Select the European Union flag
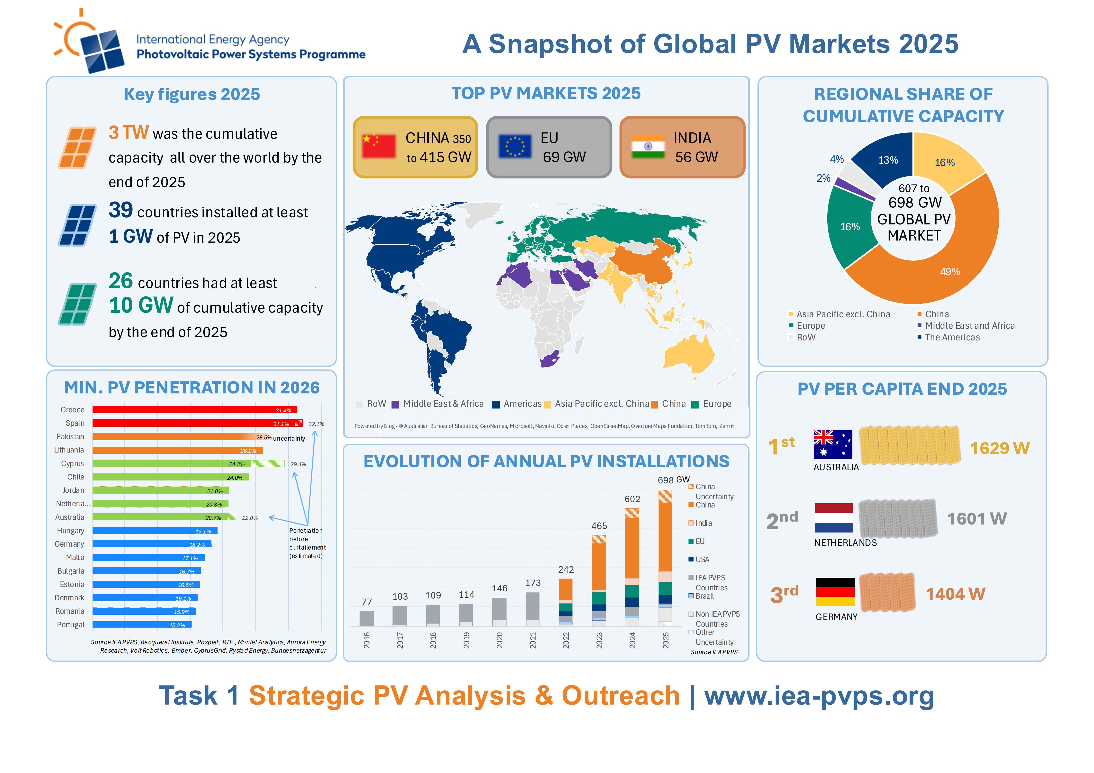[515, 146]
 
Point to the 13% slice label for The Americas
[888, 160]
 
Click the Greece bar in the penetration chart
[194, 409]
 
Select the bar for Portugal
[142, 624]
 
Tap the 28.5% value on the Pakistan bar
[264, 437]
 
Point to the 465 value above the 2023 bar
[599, 526]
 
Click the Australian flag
[833, 444]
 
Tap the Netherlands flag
[834, 518]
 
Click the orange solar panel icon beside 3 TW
[77, 148]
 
